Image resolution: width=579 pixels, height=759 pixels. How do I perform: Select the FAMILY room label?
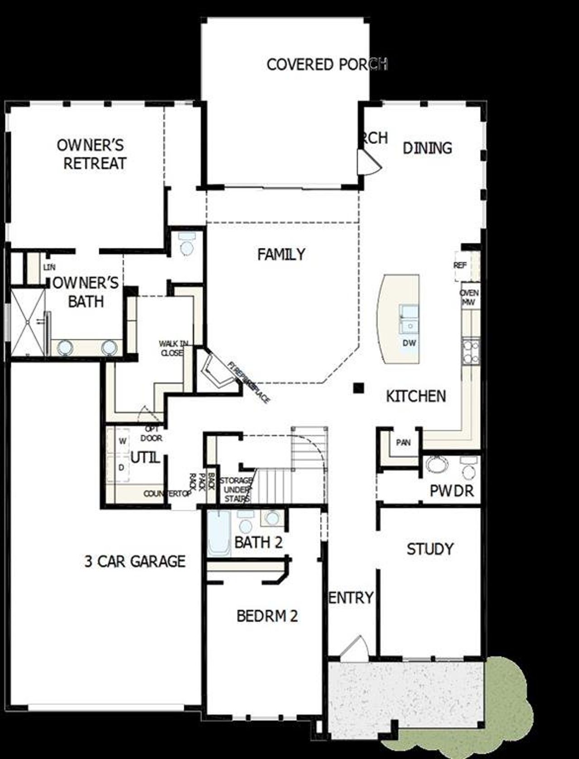pos(281,255)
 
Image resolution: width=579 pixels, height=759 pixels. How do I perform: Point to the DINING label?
pos(427,148)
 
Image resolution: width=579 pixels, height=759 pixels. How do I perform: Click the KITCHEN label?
pos(416,396)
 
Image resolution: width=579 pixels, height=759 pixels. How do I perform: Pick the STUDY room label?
pos(430,549)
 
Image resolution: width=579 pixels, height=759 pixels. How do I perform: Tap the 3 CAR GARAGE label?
pos(135,561)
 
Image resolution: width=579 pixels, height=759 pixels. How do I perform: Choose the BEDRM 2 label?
pos(267,616)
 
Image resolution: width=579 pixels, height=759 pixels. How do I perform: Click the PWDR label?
pos(451,491)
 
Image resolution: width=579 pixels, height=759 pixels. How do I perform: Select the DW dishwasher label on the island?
pos(409,343)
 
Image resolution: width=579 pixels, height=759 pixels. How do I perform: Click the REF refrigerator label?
pos(460,266)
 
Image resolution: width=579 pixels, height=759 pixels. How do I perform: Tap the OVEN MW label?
pos(469,297)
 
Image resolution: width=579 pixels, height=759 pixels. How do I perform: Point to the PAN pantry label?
pos(403,442)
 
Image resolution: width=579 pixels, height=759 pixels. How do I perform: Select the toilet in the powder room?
pos(469,469)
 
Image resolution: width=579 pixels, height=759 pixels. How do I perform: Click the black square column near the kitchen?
pos(359,388)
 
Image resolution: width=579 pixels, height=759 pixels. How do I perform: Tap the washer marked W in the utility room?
pos(122,441)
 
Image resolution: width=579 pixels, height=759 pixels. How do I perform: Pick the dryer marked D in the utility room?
pos(121,468)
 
